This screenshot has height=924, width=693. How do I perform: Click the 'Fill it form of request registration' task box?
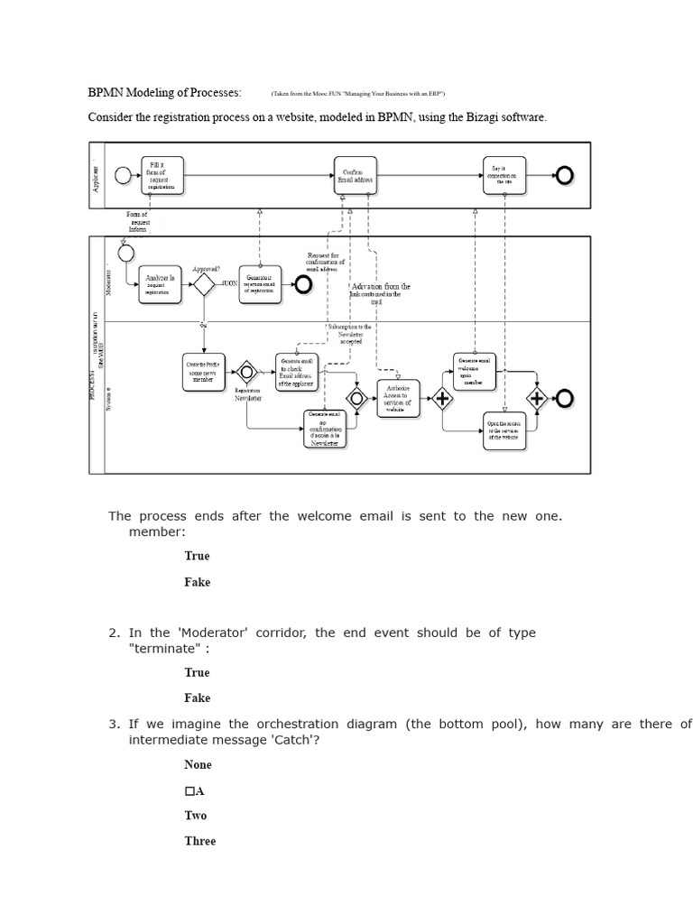pyautogui.click(x=162, y=175)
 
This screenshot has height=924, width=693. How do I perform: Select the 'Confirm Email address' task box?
pyautogui.click(x=356, y=175)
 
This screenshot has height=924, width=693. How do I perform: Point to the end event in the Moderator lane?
pyautogui.click(x=301, y=285)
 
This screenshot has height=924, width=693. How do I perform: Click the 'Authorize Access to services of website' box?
pyautogui.click(x=398, y=398)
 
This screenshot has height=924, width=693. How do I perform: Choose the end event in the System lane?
pyautogui.click(x=565, y=398)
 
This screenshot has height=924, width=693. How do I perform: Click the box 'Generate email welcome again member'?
pyautogui.click(x=474, y=371)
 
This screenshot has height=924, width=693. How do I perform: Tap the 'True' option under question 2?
pyautogui.click(x=197, y=672)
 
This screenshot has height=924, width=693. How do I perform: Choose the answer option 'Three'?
pyautogui.click(x=199, y=841)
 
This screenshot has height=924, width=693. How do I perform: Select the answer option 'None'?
pyautogui.click(x=198, y=764)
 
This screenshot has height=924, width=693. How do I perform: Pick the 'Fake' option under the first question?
pyautogui.click(x=197, y=582)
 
